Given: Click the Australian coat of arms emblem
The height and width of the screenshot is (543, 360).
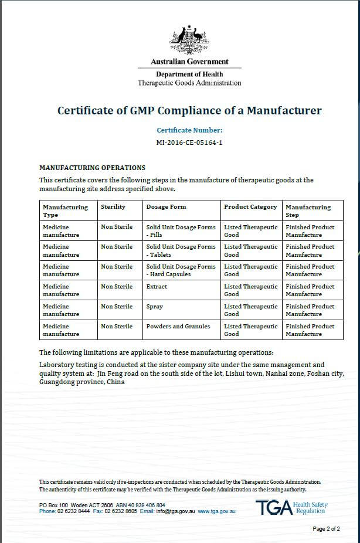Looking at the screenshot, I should (x=189, y=40).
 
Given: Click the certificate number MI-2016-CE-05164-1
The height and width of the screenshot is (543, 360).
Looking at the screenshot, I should (x=189, y=142).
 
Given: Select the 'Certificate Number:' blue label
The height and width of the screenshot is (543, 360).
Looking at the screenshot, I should (x=189, y=130).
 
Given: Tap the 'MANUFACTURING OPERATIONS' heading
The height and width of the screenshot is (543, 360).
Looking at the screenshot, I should (x=92, y=168).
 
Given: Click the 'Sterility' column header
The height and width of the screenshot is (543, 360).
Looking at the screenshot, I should (x=113, y=207).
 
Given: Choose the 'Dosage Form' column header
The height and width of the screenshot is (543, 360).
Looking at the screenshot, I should (x=166, y=207).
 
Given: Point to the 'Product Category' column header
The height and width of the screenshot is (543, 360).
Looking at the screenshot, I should (x=250, y=207).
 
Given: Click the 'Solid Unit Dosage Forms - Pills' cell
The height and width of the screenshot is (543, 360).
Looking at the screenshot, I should (x=181, y=230).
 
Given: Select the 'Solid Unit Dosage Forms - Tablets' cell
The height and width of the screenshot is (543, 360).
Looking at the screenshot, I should (x=181, y=250).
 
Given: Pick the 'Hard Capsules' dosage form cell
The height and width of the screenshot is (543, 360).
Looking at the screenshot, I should (x=181, y=270).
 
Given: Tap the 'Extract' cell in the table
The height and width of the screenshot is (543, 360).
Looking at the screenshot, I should (x=157, y=287).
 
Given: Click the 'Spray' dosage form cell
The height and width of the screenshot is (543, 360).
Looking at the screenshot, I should (x=155, y=307).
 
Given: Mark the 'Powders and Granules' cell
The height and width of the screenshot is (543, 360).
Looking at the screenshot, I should (x=178, y=327).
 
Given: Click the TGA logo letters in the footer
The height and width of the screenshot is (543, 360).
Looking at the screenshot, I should (x=273, y=508).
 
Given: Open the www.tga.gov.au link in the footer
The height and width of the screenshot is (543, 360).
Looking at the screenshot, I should (x=216, y=511).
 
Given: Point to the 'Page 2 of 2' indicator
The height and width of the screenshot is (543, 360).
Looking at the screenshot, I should (x=327, y=529).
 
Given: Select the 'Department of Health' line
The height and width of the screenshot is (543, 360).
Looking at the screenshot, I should (x=189, y=74).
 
